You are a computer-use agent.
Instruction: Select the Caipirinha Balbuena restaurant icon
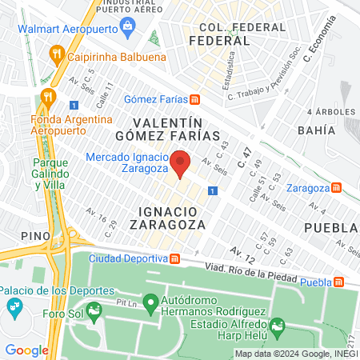point(55,55)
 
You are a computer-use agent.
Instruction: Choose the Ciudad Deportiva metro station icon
point(174,258)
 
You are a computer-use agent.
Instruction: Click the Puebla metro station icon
point(341,282)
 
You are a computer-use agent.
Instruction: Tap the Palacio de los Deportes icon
point(14,306)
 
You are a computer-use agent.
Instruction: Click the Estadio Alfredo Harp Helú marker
point(277,325)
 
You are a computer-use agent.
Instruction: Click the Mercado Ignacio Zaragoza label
point(126,162)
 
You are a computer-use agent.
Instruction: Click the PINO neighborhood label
point(38,235)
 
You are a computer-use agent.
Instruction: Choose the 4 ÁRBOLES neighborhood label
point(330,112)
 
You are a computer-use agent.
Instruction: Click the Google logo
point(26,350)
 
